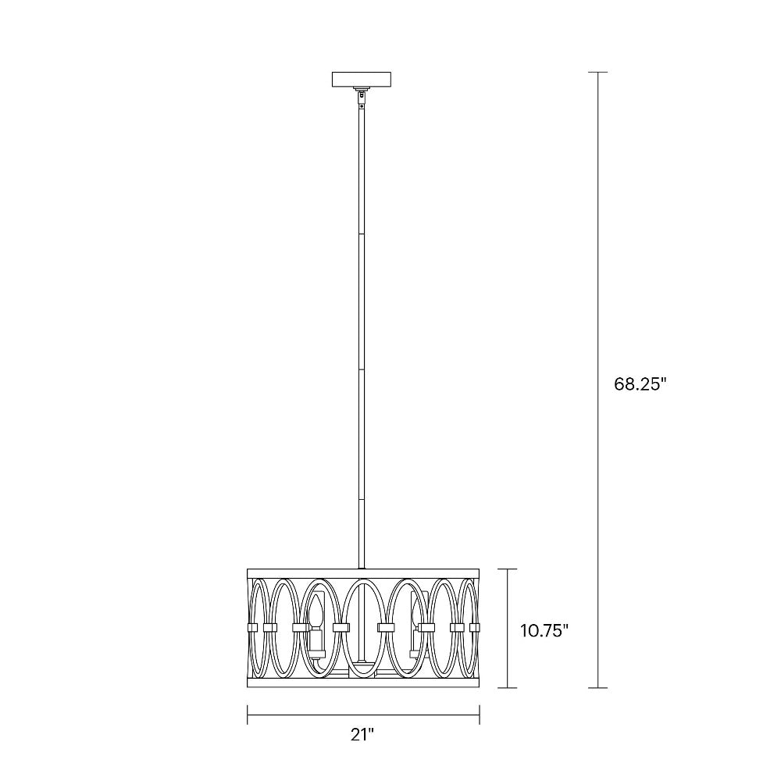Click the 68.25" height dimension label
pos(638,384)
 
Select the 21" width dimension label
pos(362,733)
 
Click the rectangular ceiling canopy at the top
pos(362,80)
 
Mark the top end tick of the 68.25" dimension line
pos(598,72)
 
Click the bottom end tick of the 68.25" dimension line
pos(598,688)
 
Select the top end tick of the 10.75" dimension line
pos(508,569)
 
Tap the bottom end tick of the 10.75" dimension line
pos(508,688)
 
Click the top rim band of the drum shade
pos(363,572)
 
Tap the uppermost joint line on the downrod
pos(362,233)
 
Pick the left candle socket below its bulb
pos(316,643)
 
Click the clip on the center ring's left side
pos(341,626)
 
